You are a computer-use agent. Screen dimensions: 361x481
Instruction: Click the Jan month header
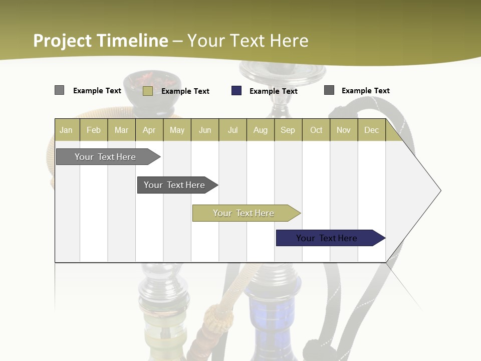(x=66, y=130)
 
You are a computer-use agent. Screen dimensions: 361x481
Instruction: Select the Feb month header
(x=94, y=130)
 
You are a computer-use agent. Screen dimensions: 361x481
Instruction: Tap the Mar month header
(x=121, y=130)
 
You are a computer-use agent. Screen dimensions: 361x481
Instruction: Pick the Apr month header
(x=149, y=130)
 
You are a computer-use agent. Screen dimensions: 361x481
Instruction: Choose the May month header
(x=177, y=130)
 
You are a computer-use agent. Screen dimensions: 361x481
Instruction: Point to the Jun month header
(x=205, y=130)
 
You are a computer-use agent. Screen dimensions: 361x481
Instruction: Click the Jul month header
(x=232, y=130)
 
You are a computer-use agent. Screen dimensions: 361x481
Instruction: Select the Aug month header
(x=261, y=130)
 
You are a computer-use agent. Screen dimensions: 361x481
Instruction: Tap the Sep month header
(x=288, y=130)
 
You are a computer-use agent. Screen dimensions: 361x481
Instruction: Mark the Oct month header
(x=316, y=130)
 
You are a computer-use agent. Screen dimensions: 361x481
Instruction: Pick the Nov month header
(x=344, y=130)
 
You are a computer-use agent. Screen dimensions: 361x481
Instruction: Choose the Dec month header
(x=372, y=130)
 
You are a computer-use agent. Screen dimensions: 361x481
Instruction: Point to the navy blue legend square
(x=236, y=91)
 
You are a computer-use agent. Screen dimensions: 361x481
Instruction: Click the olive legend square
(x=148, y=91)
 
